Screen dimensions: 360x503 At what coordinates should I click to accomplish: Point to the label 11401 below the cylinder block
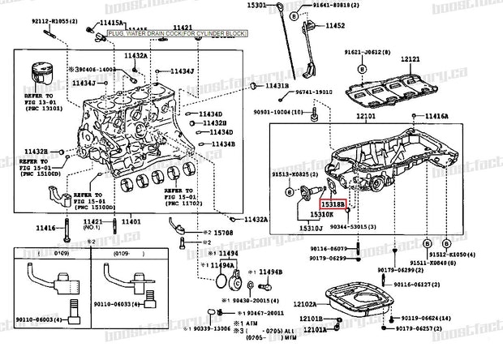131,221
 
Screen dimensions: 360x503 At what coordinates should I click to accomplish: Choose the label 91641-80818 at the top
333,6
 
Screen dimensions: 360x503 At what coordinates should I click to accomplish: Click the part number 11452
336,26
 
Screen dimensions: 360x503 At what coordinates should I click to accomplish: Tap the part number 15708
222,234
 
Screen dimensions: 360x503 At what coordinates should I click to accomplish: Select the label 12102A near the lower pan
305,304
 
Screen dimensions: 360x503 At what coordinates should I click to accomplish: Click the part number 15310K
321,216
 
